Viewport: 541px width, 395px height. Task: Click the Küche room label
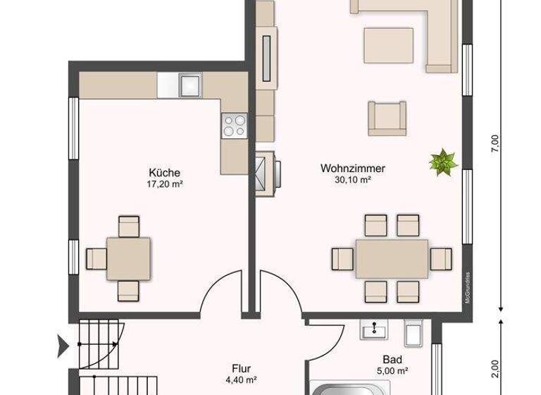coord(165,172)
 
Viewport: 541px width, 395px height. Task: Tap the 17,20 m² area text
coord(165,183)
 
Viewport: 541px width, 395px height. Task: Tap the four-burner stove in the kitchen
coord(235,126)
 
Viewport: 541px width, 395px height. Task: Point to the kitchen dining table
coord(128,257)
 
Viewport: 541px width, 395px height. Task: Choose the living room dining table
coord(392,257)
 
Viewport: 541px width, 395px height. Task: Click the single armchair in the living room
coord(387,117)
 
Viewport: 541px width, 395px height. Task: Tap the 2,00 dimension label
coord(495,368)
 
